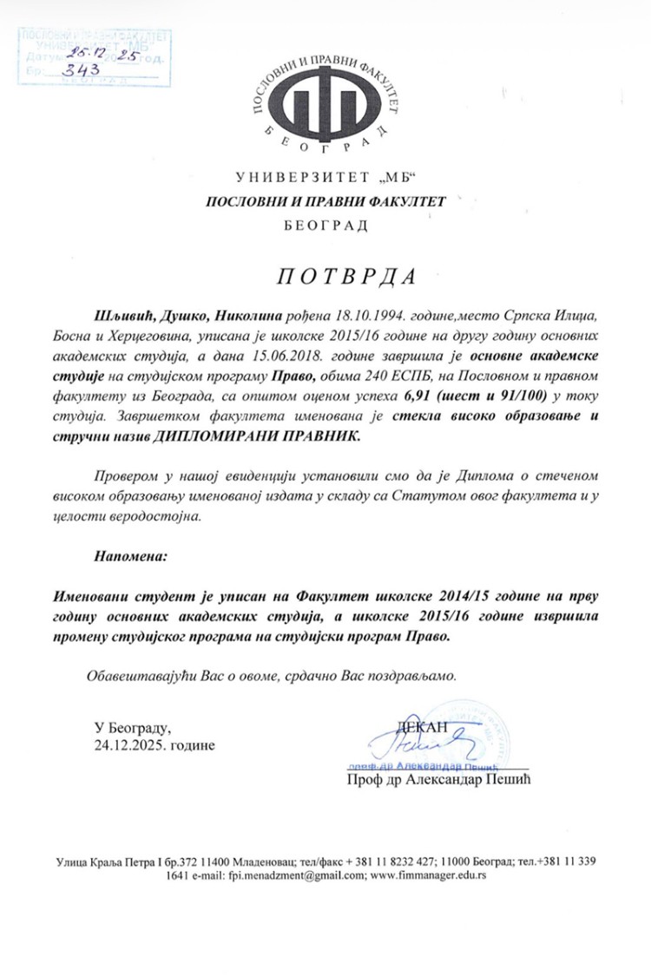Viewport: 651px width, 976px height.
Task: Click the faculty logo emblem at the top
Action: pyautogui.click(x=325, y=95)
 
